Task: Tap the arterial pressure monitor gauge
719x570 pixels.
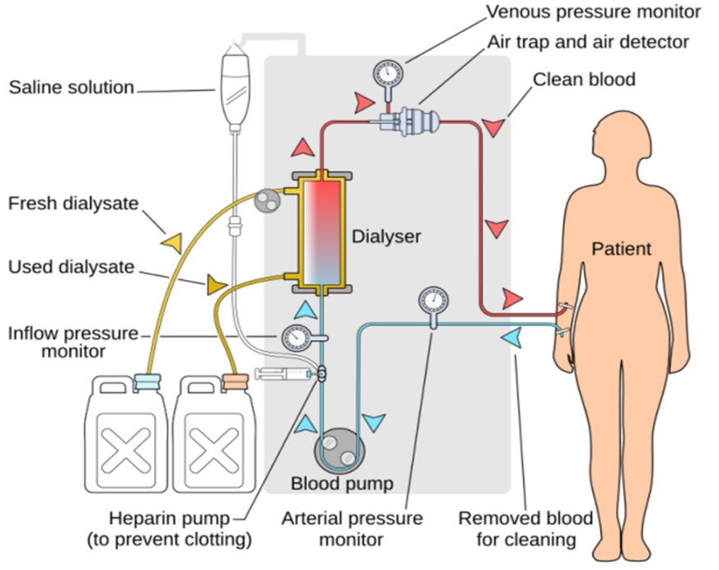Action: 432,298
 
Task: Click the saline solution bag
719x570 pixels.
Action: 235,82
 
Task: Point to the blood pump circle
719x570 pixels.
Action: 338,449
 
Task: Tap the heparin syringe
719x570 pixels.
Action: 283,374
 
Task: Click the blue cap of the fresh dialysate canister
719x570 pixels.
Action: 146,381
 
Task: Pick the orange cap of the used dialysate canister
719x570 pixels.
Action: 235,381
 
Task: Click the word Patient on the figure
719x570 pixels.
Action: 621,248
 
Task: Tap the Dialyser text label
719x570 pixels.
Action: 386,236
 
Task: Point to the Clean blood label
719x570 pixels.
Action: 585,80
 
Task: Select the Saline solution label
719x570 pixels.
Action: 71,86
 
